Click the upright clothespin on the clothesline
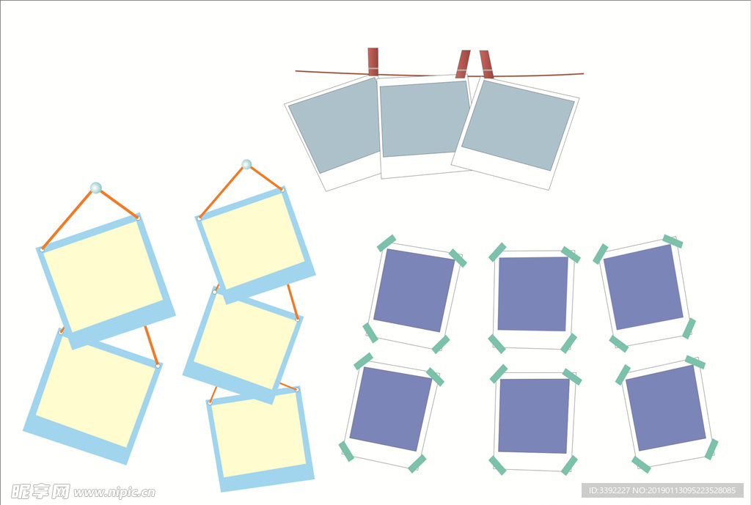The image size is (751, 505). coord(373,62)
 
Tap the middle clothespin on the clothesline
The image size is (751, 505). coord(463,64)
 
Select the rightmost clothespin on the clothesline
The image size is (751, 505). coord(486,64)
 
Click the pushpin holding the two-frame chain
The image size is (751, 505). coord(96,188)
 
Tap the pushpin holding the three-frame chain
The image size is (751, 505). coord(246,165)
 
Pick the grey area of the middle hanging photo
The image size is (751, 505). coord(425,119)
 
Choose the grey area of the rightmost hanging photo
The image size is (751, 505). coord(518,125)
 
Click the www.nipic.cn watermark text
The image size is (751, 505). coord(114,492)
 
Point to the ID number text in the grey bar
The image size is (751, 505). coord(662,490)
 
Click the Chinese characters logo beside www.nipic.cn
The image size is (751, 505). coord(40,492)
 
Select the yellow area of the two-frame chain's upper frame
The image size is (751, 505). coord(103,276)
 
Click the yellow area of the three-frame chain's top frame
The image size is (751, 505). coord(252,240)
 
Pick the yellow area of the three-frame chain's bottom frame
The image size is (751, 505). coord(259,435)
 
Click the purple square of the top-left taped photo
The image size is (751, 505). coord(414,290)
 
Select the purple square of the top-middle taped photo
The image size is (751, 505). coord(533,294)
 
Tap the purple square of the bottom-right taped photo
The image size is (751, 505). coord(666,408)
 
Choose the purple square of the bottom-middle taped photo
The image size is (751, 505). coord(534,416)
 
